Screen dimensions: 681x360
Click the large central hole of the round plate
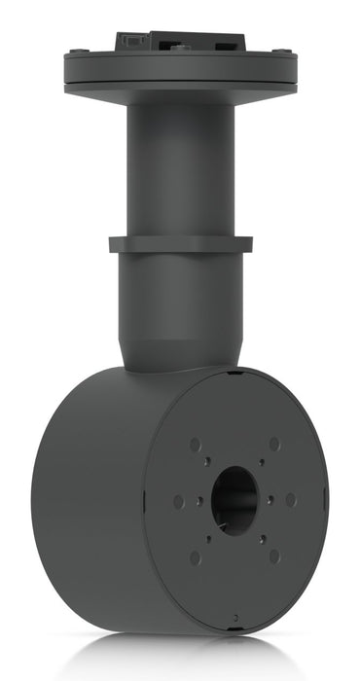(x=234, y=499)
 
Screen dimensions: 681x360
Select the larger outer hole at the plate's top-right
(x=273, y=444)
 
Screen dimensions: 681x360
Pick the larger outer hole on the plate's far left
(x=178, y=502)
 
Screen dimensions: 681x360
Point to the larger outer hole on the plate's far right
(x=291, y=499)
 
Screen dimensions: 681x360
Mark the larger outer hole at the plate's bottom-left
(x=196, y=557)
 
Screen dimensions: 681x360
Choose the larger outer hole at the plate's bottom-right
(x=273, y=556)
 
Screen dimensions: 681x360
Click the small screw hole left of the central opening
(x=198, y=501)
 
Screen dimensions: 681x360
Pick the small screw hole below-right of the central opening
(x=260, y=536)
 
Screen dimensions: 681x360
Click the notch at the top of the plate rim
(x=233, y=372)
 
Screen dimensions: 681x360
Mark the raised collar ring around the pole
(x=180, y=243)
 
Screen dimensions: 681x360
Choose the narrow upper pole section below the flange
(x=180, y=165)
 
